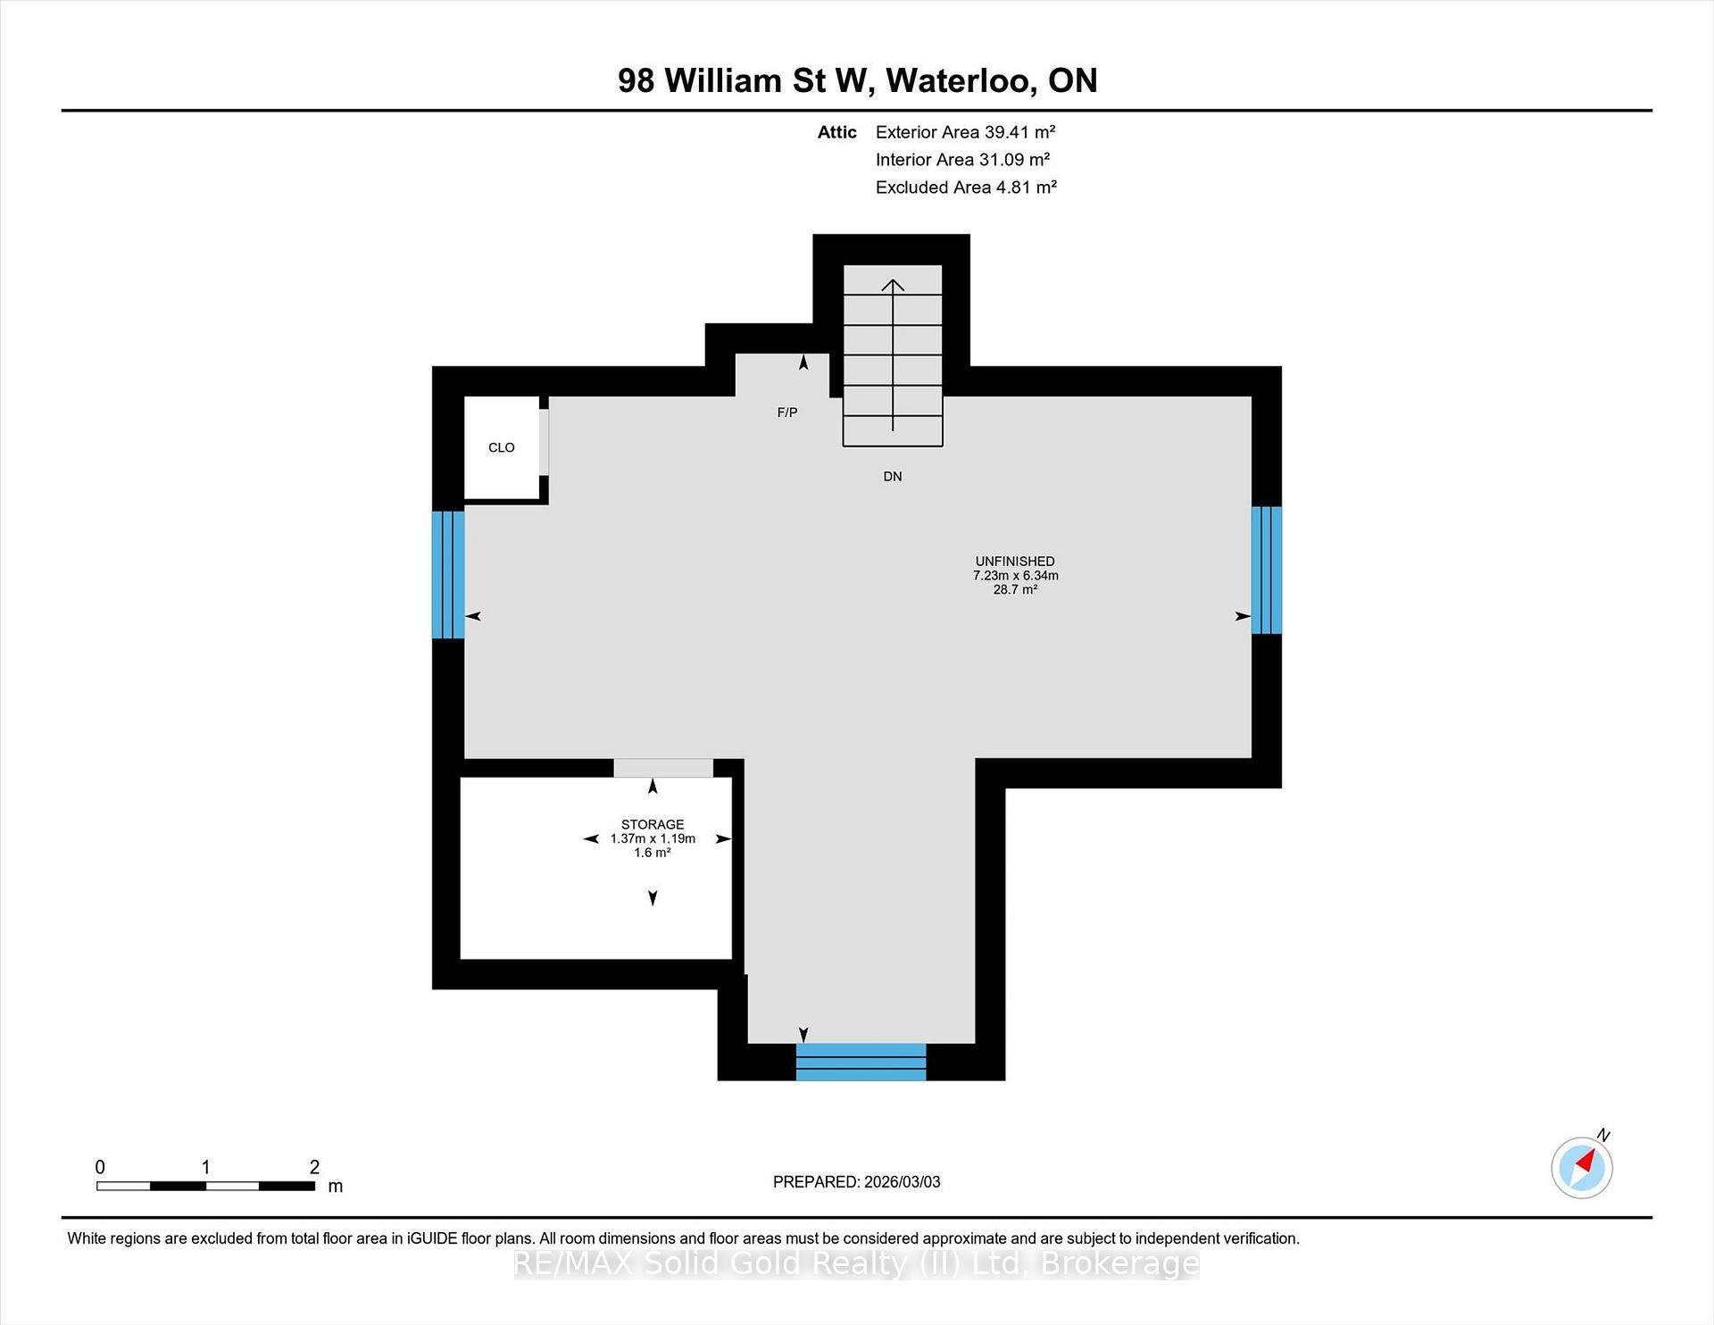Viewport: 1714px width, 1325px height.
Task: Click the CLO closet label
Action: point(501,447)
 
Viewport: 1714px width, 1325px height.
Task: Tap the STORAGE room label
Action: point(653,824)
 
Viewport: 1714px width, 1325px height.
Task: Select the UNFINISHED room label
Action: point(1015,561)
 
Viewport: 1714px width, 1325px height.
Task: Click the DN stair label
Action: point(893,476)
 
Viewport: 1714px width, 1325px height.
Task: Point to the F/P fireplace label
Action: point(787,412)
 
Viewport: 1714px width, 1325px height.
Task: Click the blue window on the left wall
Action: point(448,574)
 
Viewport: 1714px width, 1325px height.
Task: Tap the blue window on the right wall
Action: point(1267,570)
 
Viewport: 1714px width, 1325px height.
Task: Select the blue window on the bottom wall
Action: point(861,1062)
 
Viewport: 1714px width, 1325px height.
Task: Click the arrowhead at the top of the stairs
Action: point(893,285)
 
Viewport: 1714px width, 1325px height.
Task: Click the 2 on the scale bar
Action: point(314,1166)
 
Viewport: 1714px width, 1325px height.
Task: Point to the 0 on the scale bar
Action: point(100,1166)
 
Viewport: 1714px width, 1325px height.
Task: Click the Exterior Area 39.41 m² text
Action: point(965,132)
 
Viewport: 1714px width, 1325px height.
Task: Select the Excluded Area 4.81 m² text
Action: point(966,187)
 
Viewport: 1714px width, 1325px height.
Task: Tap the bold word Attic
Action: point(837,132)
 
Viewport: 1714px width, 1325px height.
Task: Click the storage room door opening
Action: point(663,768)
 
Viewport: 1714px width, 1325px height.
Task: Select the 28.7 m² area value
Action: point(1015,589)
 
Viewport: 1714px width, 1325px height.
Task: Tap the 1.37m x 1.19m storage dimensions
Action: point(653,838)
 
